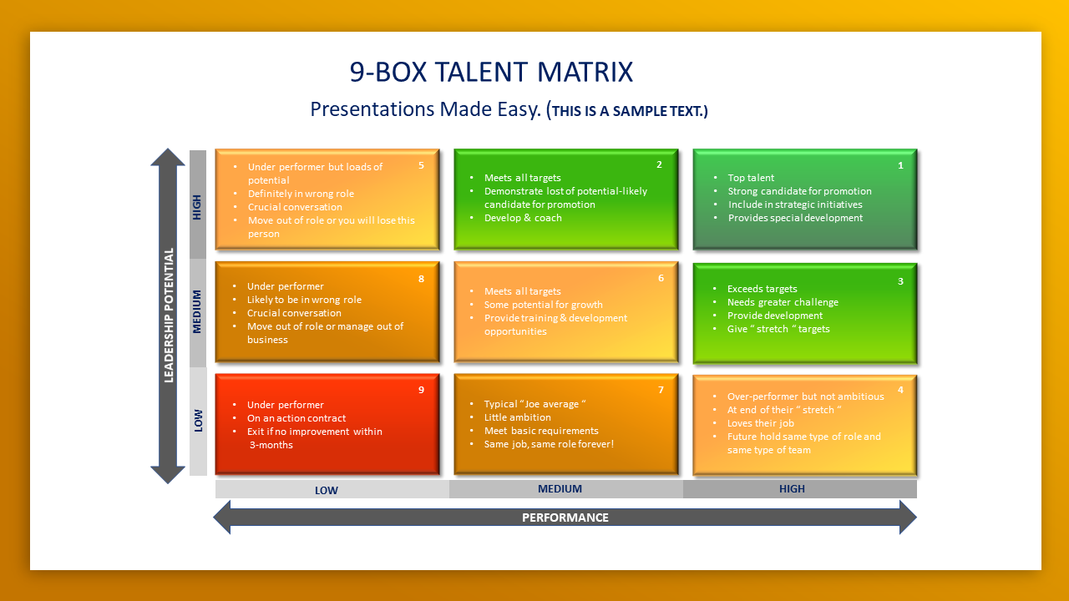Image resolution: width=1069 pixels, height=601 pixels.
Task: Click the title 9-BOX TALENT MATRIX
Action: (x=491, y=72)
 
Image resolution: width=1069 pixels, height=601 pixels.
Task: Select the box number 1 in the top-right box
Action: (x=900, y=165)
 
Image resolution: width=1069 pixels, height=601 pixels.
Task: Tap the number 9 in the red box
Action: (x=421, y=390)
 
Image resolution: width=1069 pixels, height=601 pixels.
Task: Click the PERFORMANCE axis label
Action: (x=565, y=518)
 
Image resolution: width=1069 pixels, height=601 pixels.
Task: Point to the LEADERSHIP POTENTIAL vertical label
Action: (x=169, y=316)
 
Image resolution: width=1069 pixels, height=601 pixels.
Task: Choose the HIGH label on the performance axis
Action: (x=792, y=489)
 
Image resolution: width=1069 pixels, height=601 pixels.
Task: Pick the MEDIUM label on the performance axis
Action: (x=560, y=489)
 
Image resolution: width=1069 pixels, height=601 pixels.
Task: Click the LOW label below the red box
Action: (x=327, y=490)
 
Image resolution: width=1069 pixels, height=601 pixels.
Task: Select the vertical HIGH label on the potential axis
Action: (x=196, y=208)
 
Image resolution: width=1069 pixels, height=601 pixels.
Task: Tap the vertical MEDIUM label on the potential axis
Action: (x=196, y=311)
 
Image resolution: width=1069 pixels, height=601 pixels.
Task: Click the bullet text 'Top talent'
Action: (x=751, y=178)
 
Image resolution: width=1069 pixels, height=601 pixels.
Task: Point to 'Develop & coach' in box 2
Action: (x=523, y=218)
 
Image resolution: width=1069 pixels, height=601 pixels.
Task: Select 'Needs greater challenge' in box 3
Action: (x=783, y=302)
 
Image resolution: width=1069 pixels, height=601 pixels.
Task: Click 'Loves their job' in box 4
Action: (x=761, y=423)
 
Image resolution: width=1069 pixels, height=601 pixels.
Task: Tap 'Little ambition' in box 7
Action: (x=517, y=417)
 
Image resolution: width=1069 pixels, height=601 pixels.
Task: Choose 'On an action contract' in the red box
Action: (x=296, y=418)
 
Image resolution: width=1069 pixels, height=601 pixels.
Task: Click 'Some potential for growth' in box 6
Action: (x=544, y=305)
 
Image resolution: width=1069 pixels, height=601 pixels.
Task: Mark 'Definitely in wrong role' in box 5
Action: (x=301, y=194)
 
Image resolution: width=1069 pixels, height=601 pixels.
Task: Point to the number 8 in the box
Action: (x=421, y=279)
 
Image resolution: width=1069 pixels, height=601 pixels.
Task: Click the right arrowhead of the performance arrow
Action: (x=908, y=518)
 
